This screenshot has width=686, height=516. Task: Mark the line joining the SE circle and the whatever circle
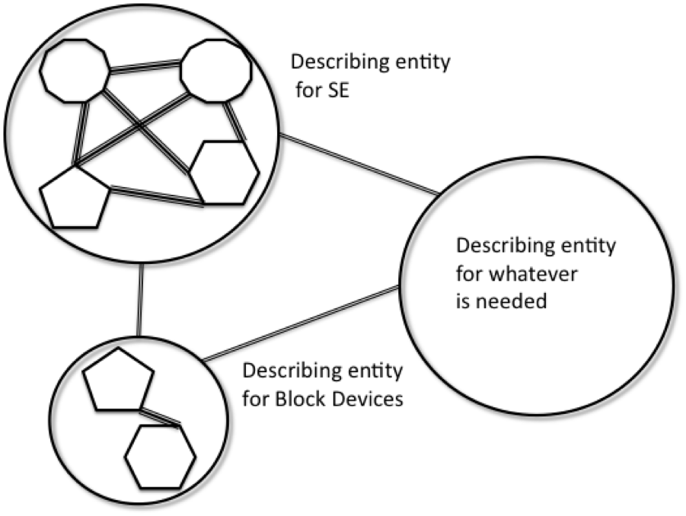point(358,164)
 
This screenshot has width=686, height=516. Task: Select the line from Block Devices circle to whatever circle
point(300,323)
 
